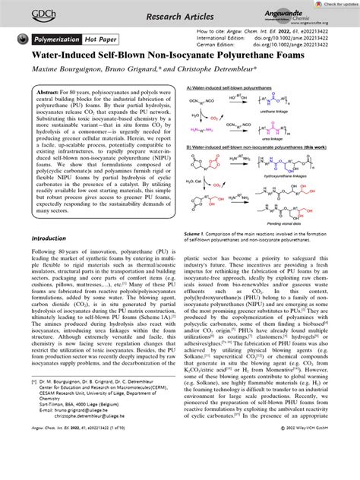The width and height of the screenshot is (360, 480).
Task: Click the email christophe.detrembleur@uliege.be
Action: pyautogui.click(x=104, y=453)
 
